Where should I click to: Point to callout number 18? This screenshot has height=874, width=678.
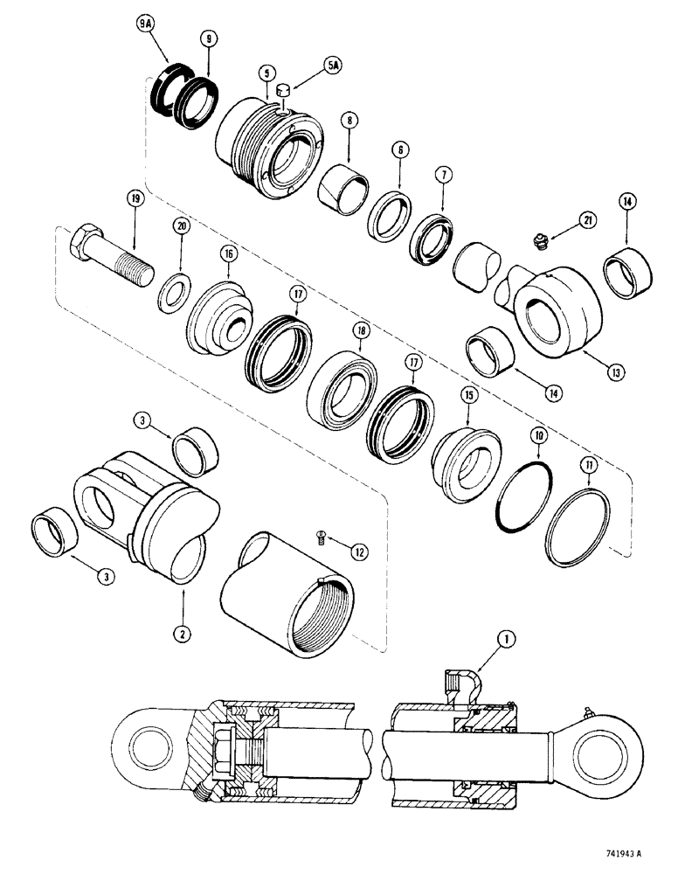(359, 331)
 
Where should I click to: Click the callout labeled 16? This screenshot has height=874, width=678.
(229, 253)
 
